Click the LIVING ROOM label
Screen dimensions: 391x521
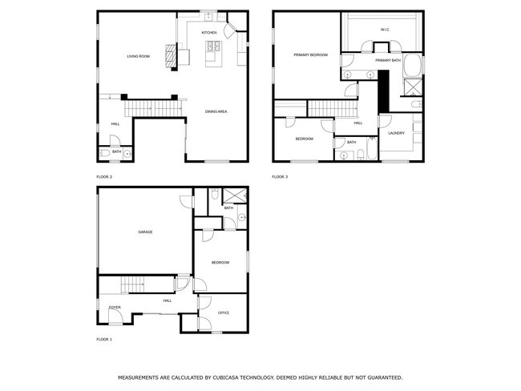coord(139,56)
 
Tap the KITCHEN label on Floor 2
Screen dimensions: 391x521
coord(209,33)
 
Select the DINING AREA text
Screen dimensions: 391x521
coord(216,111)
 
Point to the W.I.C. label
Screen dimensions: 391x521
coord(384,30)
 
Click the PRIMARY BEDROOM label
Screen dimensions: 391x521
coord(311,54)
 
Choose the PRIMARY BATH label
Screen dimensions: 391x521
coord(387,60)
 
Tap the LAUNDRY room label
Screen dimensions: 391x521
coord(397,133)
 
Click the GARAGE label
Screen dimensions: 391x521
coord(145,232)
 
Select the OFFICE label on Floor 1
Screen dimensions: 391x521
coord(224,312)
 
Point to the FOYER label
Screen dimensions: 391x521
coord(115,307)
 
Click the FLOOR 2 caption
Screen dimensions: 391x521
coord(104,176)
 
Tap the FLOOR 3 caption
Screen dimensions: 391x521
coord(280,176)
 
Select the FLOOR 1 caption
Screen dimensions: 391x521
coord(104,340)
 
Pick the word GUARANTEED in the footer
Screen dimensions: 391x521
coord(377,377)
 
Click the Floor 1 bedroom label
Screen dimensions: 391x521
coord(220,262)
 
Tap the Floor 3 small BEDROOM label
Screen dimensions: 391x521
coord(304,139)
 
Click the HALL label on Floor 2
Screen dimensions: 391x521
coord(115,123)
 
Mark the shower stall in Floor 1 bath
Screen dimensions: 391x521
coord(235,195)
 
